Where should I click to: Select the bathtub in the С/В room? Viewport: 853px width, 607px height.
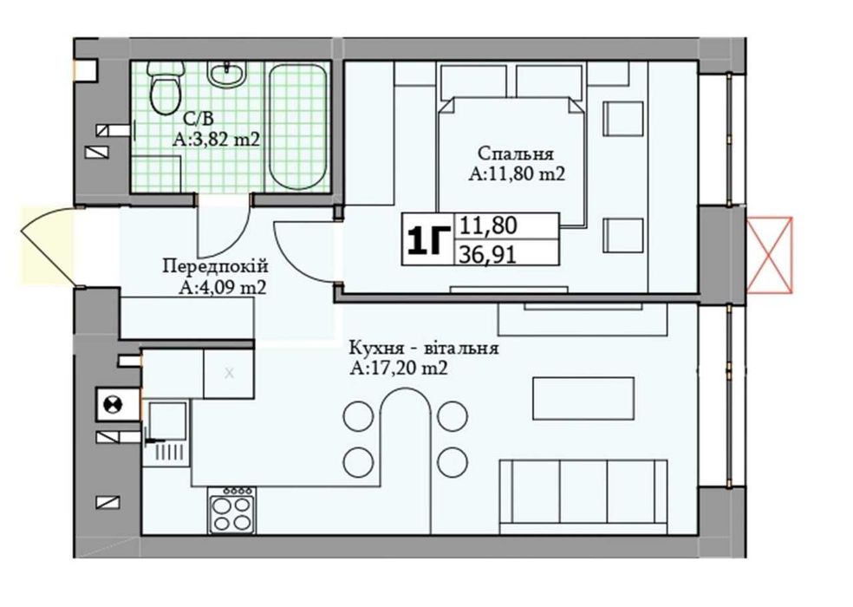(298, 127)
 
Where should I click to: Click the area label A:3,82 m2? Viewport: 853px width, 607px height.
(217, 140)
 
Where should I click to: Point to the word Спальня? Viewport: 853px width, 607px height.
(516, 153)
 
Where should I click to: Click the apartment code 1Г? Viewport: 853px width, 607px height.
(427, 239)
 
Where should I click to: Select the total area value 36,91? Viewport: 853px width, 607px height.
(488, 254)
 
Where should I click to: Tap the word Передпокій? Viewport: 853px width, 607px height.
(216, 266)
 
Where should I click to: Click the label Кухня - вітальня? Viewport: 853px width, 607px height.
(424, 348)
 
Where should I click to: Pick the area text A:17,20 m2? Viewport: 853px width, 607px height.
(399, 369)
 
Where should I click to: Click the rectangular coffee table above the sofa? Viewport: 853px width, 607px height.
(583, 398)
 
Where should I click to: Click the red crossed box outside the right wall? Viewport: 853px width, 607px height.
(770, 254)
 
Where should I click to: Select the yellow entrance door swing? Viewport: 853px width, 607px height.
(48, 245)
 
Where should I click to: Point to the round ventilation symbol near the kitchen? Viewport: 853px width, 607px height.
(112, 404)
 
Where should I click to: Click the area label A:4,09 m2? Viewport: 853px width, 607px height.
(223, 287)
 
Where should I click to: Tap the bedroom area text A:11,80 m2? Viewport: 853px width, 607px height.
(517, 173)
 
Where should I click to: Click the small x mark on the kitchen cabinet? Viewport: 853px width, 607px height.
(229, 374)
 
